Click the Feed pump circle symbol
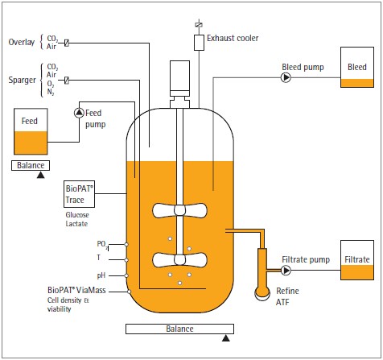(79, 113)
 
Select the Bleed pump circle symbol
(286, 78)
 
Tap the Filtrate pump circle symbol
(286, 271)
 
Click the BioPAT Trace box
(79, 194)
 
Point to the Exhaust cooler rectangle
(199, 43)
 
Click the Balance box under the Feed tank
(31, 165)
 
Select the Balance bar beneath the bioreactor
(179, 329)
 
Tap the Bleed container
(357, 68)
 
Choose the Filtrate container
(357, 260)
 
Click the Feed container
(31, 131)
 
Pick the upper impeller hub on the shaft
(179, 210)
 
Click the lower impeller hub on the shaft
(179, 259)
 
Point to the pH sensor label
(101, 275)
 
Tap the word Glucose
(77, 215)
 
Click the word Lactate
(76, 224)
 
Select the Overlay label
(22, 42)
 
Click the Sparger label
(22, 80)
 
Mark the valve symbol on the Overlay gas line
(67, 43)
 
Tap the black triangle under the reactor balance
(226, 338)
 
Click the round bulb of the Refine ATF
(262, 293)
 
